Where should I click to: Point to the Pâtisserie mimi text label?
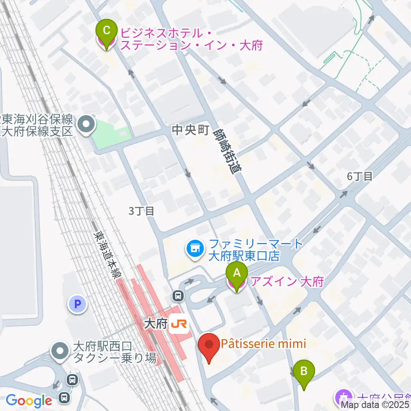pos(263,344)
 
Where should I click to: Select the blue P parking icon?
pos(78,304)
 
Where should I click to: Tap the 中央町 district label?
pos(190,130)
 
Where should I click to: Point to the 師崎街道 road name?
pos(227,151)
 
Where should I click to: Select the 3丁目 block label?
pos(140,211)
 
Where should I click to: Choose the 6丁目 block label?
pos(360,176)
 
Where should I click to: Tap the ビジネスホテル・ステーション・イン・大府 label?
pos(191,39)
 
